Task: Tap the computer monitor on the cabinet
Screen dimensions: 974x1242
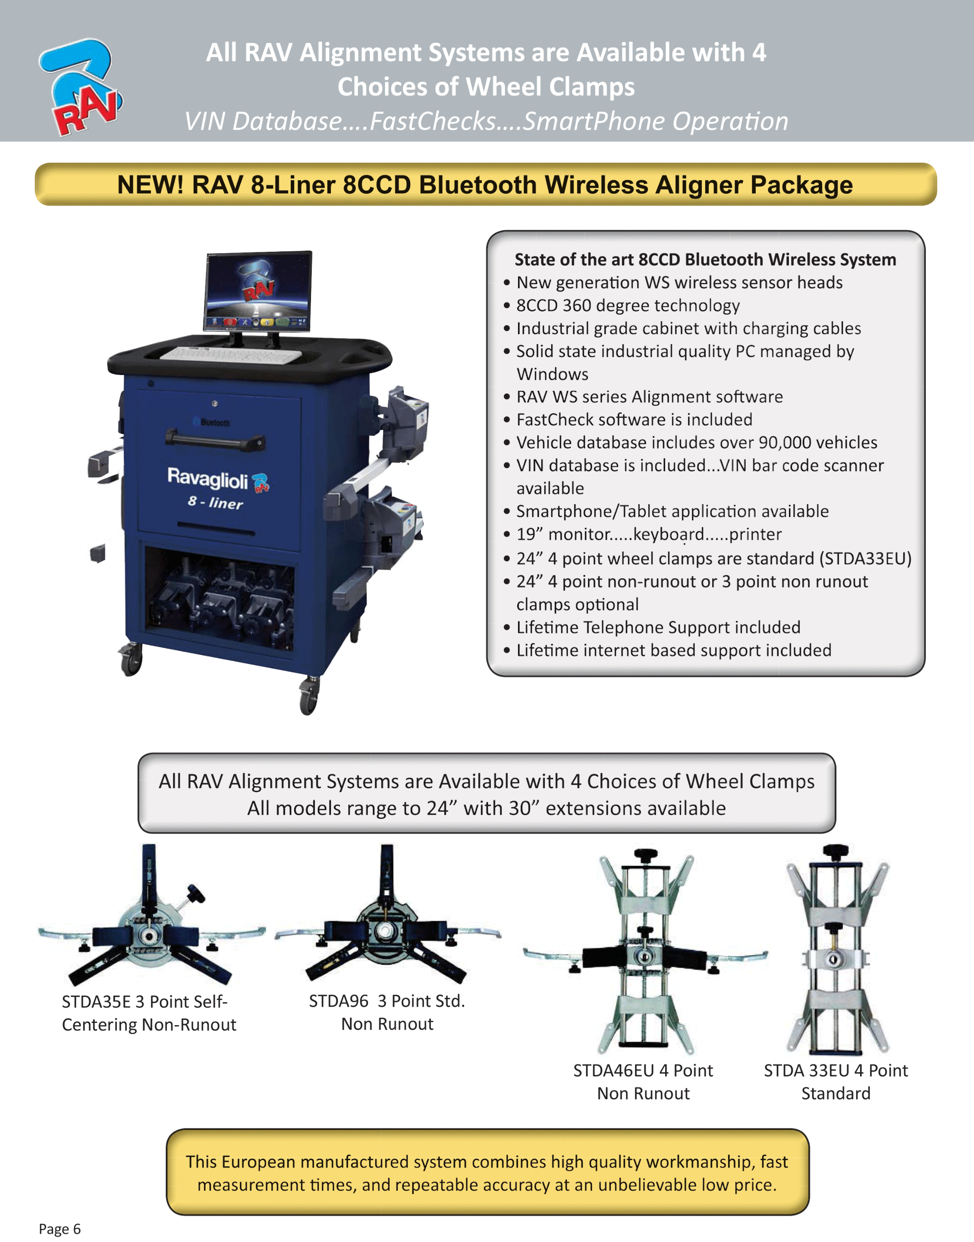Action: click(258, 292)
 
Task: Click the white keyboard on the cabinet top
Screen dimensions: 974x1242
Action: click(230, 354)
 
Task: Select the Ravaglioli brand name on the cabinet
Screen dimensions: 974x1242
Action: click(207, 478)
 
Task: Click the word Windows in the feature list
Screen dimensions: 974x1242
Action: click(552, 374)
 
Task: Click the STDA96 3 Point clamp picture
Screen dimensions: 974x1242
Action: click(388, 914)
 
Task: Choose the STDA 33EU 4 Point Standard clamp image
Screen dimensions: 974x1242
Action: click(837, 949)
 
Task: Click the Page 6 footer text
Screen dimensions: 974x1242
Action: click(60, 1228)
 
